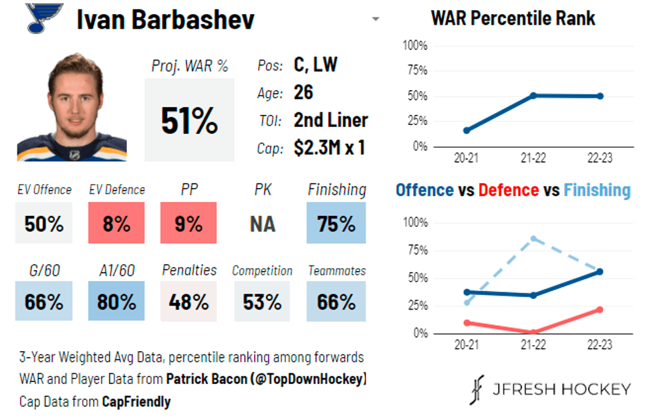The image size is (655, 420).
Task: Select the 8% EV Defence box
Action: (x=116, y=223)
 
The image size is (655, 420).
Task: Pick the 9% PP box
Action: (x=188, y=223)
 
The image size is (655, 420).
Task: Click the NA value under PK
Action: (x=262, y=223)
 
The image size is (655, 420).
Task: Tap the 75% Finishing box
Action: (x=336, y=223)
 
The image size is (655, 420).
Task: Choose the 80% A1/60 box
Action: (x=116, y=301)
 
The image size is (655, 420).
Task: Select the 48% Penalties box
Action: (x=188, y=301)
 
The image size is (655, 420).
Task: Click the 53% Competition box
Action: (x=262, y=301)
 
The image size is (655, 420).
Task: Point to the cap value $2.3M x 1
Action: (x=329, y=147)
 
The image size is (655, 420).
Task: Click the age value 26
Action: (x=303, y=92)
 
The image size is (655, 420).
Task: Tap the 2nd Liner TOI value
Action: (x=330, y=120)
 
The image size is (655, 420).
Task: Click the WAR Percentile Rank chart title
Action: (x=513, y=17)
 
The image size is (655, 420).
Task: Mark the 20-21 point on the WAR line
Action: (x=467, y=130)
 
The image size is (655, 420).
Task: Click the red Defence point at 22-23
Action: (x=600, y=310)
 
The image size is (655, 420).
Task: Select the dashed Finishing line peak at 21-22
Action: (x=533, y=238)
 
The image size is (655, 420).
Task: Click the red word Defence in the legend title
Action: (x=508, y=190)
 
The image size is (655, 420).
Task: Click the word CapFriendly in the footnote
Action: (x=136, y=402)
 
